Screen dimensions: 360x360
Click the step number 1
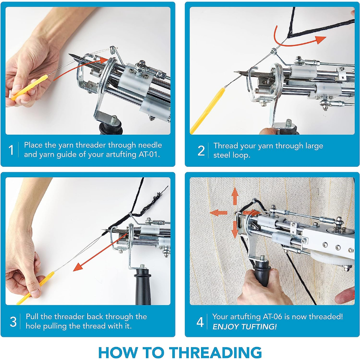(x=11, y=150)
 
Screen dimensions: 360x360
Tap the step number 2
(x=201, y=151)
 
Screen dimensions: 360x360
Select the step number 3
(x=13, y=322)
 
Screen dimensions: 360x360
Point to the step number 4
(x=200, y=322)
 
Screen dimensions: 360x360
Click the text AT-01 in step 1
(x=149, y=154)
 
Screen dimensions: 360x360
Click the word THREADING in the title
(x=216, y=352)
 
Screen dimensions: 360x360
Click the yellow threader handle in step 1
(x=30, y=88)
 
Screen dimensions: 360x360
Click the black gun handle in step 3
(x=143, y=287)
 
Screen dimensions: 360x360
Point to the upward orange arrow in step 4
(x=234, y=196)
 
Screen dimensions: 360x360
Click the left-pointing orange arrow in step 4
(x=219, y=213)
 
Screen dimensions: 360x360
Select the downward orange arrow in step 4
(x=234, y=230)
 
